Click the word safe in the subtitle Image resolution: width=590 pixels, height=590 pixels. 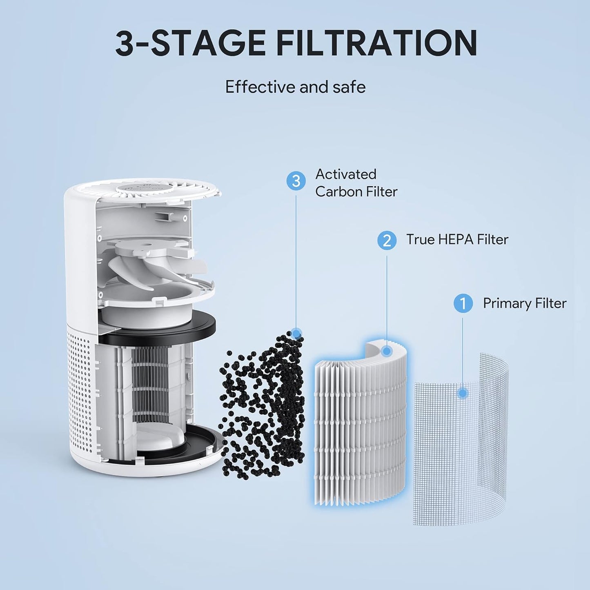(349, 87)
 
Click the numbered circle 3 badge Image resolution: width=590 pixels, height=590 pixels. (296, 180)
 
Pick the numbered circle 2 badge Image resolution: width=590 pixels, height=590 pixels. (387, 240)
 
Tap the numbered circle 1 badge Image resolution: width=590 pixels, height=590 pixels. (463, 304)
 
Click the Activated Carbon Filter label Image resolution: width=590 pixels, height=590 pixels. (356, 183)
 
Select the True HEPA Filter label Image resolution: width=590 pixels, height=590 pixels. (457, 240)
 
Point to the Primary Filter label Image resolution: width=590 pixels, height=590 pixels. (525, 303)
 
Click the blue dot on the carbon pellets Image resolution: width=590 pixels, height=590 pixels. (297, 334)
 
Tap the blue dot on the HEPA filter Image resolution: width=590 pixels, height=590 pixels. (387, 351)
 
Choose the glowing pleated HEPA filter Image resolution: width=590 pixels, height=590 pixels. (359, 425)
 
